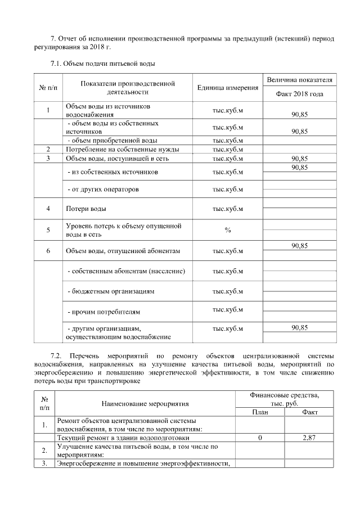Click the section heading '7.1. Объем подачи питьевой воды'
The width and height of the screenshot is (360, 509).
[102, 64]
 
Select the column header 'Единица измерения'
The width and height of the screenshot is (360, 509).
[228, 88]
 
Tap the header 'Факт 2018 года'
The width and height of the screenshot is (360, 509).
[299, 94]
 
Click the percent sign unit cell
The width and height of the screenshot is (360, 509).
[228, 230]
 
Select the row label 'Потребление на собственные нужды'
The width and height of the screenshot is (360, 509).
[123, 150]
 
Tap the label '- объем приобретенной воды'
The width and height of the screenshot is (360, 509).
[112, 141]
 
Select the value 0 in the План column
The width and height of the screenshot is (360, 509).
[260, 437]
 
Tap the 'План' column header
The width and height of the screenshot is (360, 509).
[260, 412]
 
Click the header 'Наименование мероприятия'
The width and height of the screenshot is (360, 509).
[145, 404]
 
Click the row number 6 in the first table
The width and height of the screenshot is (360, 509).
[48, 251]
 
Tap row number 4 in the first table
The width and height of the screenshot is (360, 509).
[48, 209]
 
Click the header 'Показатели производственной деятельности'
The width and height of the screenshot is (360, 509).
[127, 88]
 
